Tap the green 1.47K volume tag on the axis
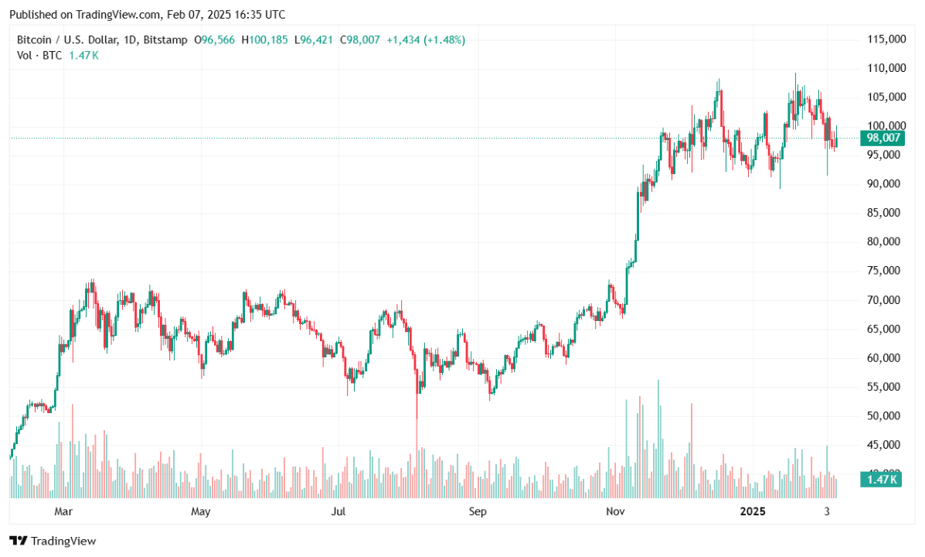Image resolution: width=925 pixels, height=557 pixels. (881, 480)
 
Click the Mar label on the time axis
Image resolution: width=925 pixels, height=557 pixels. (63, 511)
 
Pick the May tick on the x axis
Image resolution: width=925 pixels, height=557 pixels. (200, 511)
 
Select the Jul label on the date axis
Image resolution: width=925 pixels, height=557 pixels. (338, 511)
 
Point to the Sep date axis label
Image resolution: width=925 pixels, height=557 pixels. (478, 511)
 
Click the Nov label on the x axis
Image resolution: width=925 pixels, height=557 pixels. (615, 511)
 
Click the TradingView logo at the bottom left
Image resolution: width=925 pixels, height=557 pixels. (53, 541)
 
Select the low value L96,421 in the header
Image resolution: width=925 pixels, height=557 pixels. (313, 39)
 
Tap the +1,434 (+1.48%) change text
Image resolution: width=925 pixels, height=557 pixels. (426, 39)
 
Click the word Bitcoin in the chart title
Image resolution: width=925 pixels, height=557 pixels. (35, 39)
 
